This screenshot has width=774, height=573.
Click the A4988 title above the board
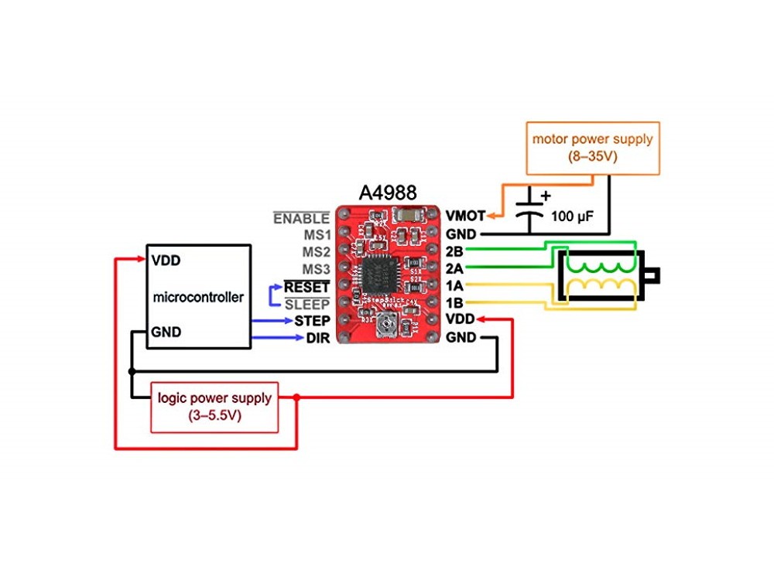coord(387,193)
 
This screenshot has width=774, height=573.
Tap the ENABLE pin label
coord(302,218)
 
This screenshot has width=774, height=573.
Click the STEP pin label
coord(313,320)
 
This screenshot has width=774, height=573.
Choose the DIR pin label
coord(318,337)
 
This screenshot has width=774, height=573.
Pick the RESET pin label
coord(307,287)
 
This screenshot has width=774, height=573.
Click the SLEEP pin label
coord(307,304)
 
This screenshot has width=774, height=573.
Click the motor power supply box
coord(592,148)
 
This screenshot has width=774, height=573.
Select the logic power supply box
coord(214,407)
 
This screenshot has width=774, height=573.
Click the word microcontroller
coord(198,297)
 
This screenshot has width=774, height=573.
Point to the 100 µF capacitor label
coord(573,217)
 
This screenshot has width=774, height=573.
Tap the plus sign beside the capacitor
coord(545,196)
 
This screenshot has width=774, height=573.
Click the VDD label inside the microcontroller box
coord(166,260)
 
